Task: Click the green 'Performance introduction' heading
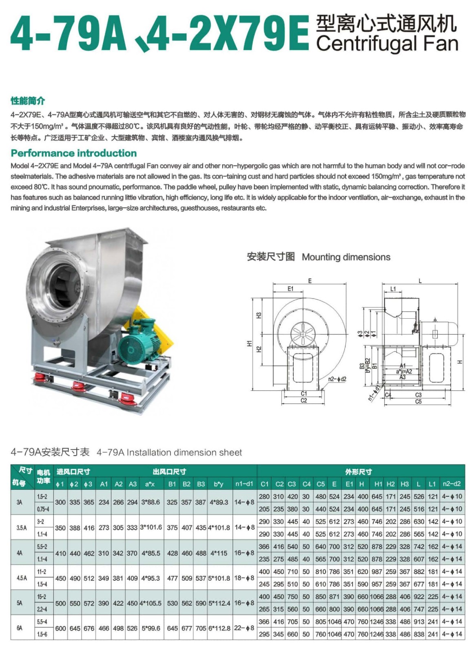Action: [x=74, y=153]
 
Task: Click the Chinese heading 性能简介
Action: [x=28, y=101]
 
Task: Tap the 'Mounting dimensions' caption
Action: [x=346, y=257]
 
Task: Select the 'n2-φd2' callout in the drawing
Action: [x=337, y=379]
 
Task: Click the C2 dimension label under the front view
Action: [x=303, y=401]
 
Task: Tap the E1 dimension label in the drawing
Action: [x=290, y=289]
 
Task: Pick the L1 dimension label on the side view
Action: [x=393, y=289]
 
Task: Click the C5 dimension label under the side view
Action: [x=418, y=401]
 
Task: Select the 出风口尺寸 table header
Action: [x=169, y=471]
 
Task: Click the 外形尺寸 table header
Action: [x=359, y=471]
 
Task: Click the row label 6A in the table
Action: [x=20, y=628]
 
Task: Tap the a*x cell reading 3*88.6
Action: [x=151, y=502]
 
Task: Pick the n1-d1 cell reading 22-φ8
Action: [x=244, y=628]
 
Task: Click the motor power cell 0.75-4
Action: [x=43, y=509]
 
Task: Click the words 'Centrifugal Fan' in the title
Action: [x=387, y=43]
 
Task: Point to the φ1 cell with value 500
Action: [x=60, y=603]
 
